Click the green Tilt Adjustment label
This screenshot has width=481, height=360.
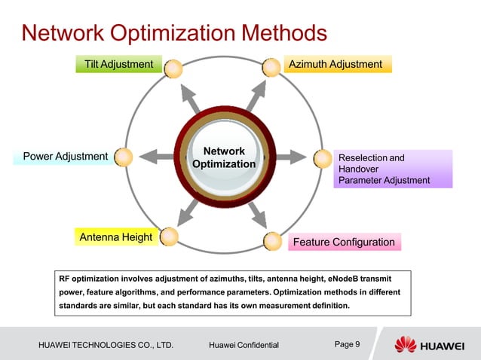coord(118,65)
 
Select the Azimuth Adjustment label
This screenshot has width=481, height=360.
coord(336,65)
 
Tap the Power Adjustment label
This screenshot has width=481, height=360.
coord(66,157)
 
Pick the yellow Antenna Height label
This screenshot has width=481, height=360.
coord(116,238)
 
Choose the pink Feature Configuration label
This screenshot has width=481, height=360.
coord(344,242)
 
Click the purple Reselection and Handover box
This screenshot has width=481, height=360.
coord(392,169)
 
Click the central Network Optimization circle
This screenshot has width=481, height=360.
coord(224,157)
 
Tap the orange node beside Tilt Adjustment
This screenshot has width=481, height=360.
coord(173,68)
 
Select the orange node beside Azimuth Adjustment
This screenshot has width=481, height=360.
coord(271,68)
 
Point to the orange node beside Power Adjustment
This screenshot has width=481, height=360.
coord(124,157)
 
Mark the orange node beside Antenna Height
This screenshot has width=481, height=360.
coord(170,236)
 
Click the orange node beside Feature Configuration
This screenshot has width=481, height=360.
coord(273,240)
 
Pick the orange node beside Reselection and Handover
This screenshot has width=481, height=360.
coord(323,157)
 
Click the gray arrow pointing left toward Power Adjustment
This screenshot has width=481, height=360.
coord(157,157)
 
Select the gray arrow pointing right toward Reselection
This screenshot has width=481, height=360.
coord(290,157)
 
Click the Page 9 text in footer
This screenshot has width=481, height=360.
coord(347,344)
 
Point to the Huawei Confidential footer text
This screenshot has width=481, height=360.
coord(244,345)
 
